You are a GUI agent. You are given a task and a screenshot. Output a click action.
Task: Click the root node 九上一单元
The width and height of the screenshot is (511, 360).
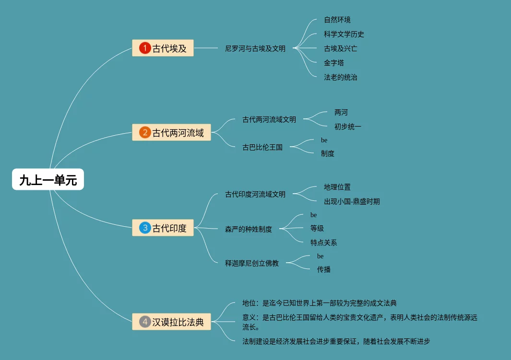click(48, 180)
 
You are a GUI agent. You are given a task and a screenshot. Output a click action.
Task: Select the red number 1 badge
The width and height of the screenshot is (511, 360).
click(145, 48)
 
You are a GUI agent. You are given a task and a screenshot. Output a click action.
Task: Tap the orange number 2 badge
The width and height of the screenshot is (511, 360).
click(145, 132)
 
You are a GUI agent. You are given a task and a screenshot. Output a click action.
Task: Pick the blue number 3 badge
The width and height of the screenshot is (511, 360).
click(145, 228)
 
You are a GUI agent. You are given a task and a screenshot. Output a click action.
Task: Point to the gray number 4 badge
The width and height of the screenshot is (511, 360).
click(145, 322)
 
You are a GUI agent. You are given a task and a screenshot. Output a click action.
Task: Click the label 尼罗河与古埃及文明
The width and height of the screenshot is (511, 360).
click(255, 48)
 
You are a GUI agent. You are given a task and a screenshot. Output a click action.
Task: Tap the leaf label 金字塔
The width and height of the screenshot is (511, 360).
click(334, 63)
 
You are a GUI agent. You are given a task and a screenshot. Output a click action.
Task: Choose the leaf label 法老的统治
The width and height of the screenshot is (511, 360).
click(341, 77)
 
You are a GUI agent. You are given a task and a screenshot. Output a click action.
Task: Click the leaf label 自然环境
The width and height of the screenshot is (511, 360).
click(337, 20)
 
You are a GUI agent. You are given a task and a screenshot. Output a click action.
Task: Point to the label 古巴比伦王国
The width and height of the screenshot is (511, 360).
click(262, 147)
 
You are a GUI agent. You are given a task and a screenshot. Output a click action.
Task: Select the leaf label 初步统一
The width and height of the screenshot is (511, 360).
click(348, 127)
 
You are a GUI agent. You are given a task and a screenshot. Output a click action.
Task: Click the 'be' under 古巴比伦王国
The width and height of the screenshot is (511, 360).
click(324, 140)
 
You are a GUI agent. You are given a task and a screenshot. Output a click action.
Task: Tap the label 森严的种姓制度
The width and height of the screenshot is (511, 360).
click(249, 229)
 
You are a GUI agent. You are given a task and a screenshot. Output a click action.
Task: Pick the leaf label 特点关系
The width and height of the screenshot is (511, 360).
click(324, 243)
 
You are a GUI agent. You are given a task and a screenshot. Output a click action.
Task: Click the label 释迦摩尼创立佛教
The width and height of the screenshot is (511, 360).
click(252, 263)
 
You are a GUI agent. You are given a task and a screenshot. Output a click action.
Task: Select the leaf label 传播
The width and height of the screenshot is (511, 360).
click(324, 269)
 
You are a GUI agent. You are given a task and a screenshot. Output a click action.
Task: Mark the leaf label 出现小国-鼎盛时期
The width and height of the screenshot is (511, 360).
click(352, 201)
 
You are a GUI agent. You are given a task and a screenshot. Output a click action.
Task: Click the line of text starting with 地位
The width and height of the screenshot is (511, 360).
click(320, 303)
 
